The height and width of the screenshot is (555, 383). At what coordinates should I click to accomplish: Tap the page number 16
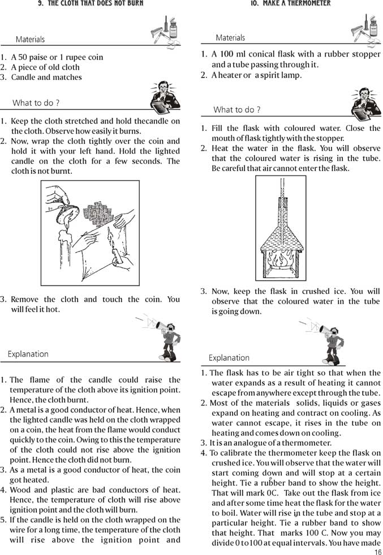tap(377, 551)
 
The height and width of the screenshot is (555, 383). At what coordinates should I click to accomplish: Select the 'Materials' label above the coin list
tap(30, 40)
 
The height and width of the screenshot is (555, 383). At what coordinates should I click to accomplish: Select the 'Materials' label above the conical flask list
tap(230, 38)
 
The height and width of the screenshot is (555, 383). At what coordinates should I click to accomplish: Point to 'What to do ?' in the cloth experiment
tap(36, 103)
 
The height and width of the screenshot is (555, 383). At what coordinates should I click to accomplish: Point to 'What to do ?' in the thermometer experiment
tap(236, 110)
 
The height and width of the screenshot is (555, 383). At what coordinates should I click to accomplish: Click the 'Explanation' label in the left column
tap(28, 354)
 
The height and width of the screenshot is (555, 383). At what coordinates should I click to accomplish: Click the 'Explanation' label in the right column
tap(229, 358)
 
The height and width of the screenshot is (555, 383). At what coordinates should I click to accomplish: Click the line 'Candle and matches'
tap(46, 78)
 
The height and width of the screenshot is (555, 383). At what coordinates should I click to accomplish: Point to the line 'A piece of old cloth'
tap(45, 67)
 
